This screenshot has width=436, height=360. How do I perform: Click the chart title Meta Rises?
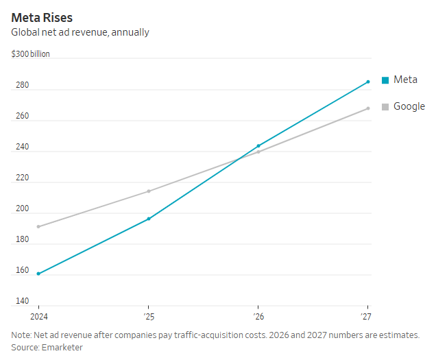[x=42, y=18]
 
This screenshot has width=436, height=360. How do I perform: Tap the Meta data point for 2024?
[x=38, y=274]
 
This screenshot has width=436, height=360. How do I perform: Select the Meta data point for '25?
[x=149, y=219]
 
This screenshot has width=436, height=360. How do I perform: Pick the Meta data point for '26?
[x=258, y=146]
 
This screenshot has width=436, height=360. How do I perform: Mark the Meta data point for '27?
[x=368, y=82]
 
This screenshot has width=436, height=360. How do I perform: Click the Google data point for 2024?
[x=38, y=227]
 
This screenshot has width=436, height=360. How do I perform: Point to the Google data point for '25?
[x=149, y=191]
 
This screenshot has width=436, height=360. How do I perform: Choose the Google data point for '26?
[x=258, y=152]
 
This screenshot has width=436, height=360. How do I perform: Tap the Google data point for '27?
[x=368, y=108]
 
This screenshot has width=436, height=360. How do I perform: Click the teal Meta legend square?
[x=385, y=80]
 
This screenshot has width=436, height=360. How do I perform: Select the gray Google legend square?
[x=385, y=107]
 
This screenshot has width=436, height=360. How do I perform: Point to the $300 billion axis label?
[x=30, y=53]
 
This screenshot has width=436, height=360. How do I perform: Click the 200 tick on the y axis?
[x=22, y=208]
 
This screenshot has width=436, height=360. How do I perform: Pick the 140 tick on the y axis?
[x=22, y=301]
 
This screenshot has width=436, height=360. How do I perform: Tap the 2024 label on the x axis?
[x=39, y=317]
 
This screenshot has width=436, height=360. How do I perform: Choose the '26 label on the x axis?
[x=258, y=317]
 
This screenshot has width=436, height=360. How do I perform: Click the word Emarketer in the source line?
[x=62, y=348]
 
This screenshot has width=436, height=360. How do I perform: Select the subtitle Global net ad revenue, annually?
[x=80, y=32]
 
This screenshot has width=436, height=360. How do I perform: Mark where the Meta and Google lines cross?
[x=239, y=159]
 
